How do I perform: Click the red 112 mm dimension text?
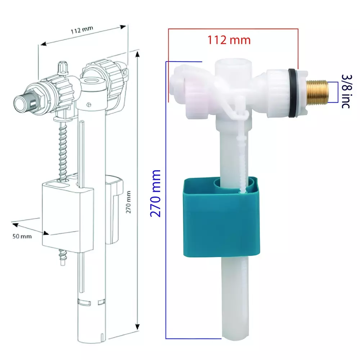pos(229,40)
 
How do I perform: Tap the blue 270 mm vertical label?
pos(156,193)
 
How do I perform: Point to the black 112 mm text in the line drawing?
pos(80,30)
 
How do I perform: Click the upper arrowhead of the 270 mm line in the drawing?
pos(137,54)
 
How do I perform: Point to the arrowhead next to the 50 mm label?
pos(15,225)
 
